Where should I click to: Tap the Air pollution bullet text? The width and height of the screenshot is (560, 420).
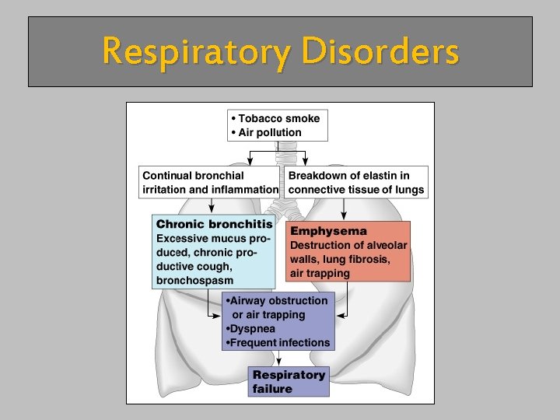[270, 132]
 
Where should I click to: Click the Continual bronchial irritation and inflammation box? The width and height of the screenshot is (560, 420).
[210, 182]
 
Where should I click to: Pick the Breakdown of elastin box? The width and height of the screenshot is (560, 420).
[356, 182]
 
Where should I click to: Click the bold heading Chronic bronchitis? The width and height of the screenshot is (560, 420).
[215, 224]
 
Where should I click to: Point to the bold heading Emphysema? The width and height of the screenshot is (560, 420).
[328, 231]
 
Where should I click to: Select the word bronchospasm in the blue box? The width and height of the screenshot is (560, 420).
[194, 280]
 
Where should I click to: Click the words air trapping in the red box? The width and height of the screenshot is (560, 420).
[320, 273]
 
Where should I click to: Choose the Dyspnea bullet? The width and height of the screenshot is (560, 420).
[250, 329]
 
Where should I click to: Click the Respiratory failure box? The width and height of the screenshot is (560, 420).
[289, 382]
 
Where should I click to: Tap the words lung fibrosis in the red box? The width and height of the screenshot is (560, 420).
[359, 259]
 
